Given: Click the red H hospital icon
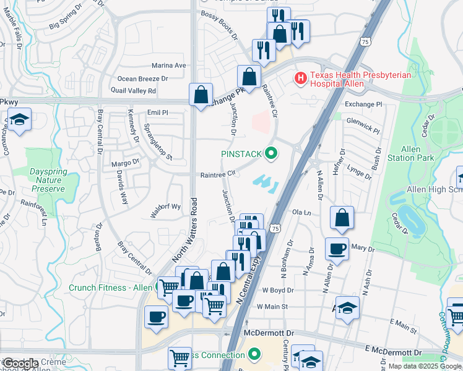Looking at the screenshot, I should tap(300, 79).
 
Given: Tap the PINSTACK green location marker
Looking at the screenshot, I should tap(270, 152).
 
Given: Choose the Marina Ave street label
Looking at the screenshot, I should tap(169, 66).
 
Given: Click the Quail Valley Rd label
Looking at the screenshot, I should tap(136, 90).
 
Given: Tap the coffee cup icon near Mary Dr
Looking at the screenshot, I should tap(337, 249).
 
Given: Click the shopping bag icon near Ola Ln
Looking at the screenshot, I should tap(342, 217).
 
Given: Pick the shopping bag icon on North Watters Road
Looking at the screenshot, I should tap(201, 95).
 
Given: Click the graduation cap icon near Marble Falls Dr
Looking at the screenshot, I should tap(19, 119).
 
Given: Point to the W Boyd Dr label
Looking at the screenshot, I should tap(277, 289).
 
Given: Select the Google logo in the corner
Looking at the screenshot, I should tap(20, 364).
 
